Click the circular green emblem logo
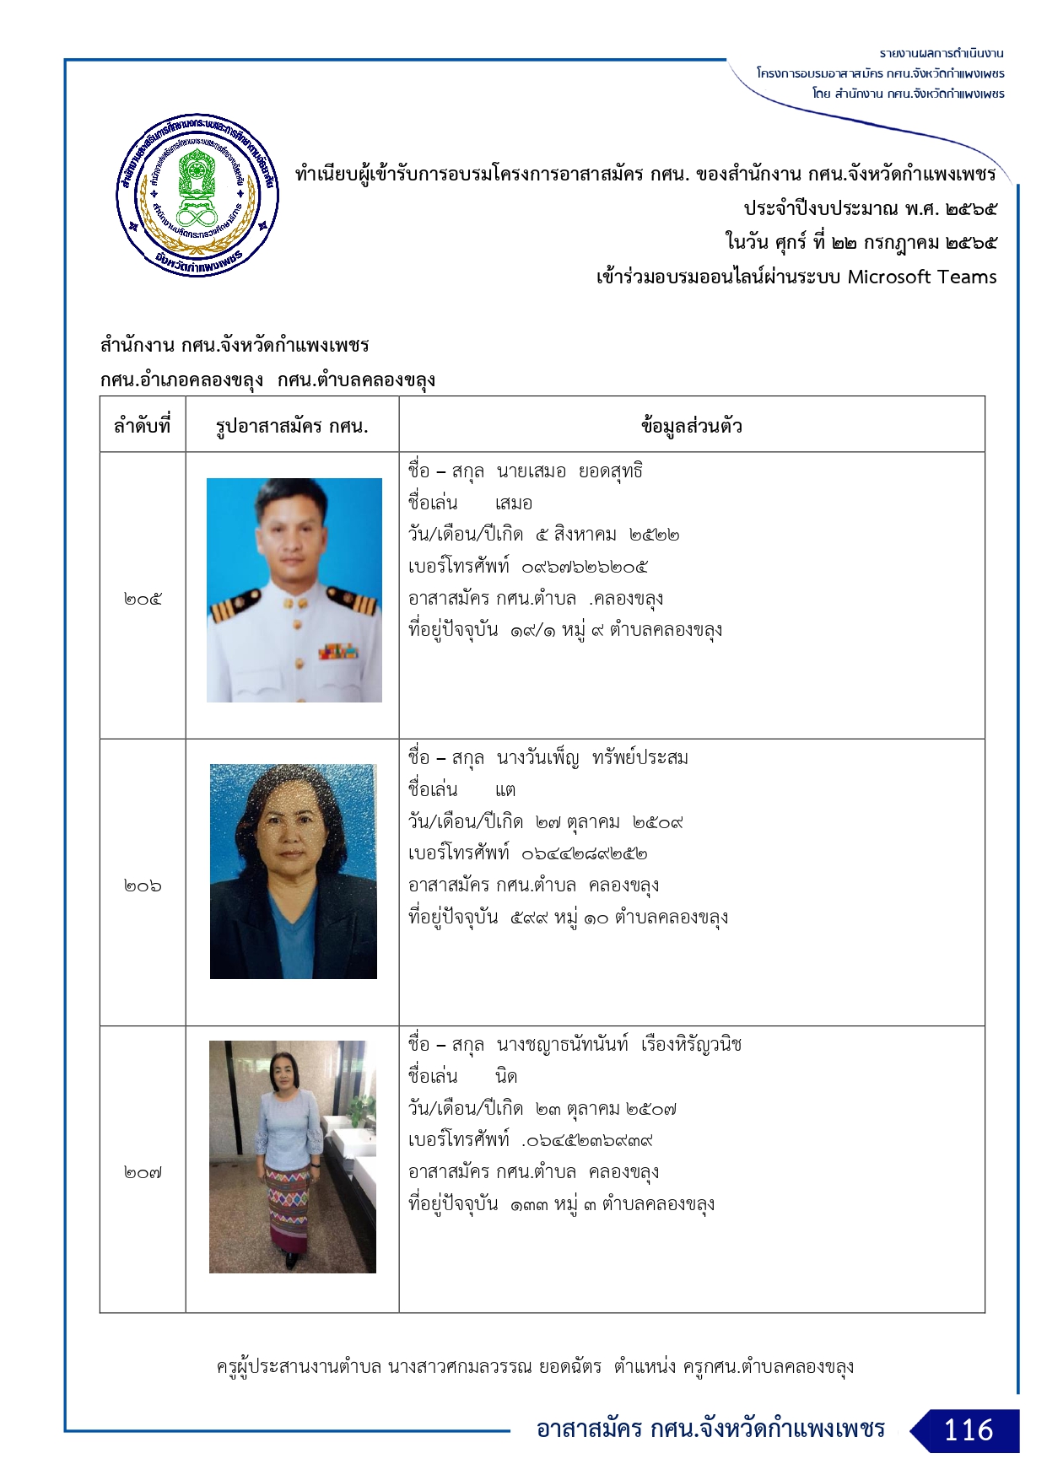point(197,195)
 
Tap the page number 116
point(968,1430)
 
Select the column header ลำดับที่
point(143,426)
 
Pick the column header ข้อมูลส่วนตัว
point(691,426)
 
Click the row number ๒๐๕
point(143,600)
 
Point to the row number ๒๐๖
point(143,886)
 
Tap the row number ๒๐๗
point(143,1173)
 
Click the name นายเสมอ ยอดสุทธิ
point(569,471)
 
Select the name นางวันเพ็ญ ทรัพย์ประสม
point(592,758)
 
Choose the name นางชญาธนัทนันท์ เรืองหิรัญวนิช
point(618,1045)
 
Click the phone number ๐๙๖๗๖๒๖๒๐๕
point(585,568)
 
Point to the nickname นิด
point(506,1077)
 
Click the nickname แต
point(505,790)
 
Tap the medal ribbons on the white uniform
point(338,652)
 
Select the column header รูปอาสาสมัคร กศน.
point(292,426)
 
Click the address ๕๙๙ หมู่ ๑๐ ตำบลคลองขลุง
point(619,918)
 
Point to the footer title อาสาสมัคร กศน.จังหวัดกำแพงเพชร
point(710,1429)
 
